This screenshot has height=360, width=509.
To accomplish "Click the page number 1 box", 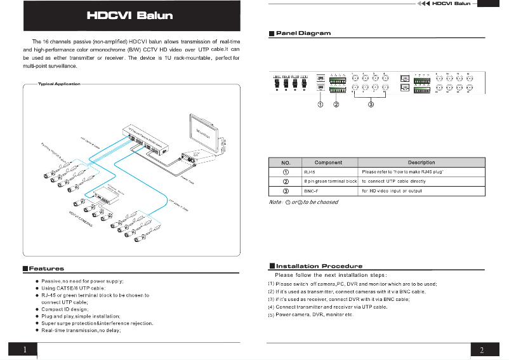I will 23,349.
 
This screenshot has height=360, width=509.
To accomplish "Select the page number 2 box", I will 482,349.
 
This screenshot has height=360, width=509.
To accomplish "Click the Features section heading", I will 46,269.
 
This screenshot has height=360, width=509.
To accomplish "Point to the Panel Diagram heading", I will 303,33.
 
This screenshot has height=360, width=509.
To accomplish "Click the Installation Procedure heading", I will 319,266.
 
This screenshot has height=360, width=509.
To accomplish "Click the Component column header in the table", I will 328,163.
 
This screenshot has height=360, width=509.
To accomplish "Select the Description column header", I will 421,163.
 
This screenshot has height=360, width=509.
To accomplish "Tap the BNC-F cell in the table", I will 312,190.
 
